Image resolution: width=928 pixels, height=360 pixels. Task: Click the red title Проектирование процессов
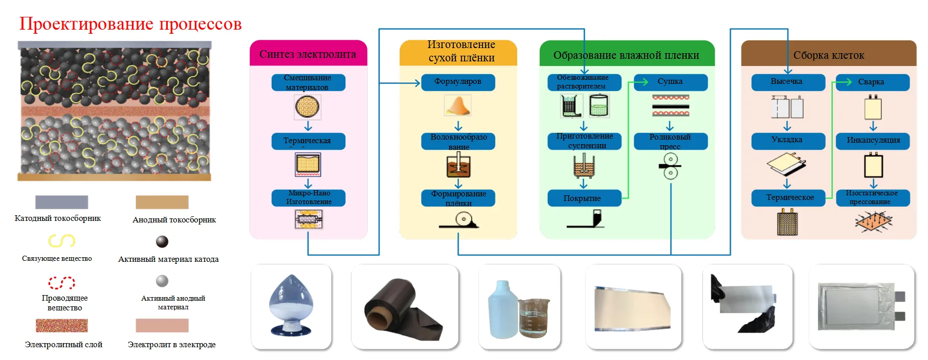pos(130,24)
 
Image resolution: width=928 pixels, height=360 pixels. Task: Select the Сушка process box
pos(670,82)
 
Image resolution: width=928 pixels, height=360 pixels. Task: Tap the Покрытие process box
pos(584,198)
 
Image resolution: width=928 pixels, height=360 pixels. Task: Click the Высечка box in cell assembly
pos(787,82)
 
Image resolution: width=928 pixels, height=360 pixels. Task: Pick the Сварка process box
pos(872,82)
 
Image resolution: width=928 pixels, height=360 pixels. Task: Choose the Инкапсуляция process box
pos(873,140)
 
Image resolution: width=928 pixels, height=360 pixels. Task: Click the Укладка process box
pos(787,140)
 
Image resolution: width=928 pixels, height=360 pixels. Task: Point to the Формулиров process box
pos(458,82)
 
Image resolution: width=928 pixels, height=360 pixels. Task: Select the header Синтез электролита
pos(308,54)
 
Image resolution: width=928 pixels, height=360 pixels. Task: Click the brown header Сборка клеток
pos(828,55)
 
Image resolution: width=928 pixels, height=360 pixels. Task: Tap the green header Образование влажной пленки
pos(626,55)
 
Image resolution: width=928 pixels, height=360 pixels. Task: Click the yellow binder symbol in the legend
pos(61,240)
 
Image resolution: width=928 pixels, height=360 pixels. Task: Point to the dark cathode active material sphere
pos(162,241)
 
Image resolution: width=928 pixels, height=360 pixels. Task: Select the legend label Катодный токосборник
pos(58,218)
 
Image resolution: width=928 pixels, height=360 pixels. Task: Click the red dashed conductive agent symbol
pos(61,282)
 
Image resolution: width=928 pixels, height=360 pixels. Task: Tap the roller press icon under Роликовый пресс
pos(670,167)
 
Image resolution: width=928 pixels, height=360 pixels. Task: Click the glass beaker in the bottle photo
pos(534,318)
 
